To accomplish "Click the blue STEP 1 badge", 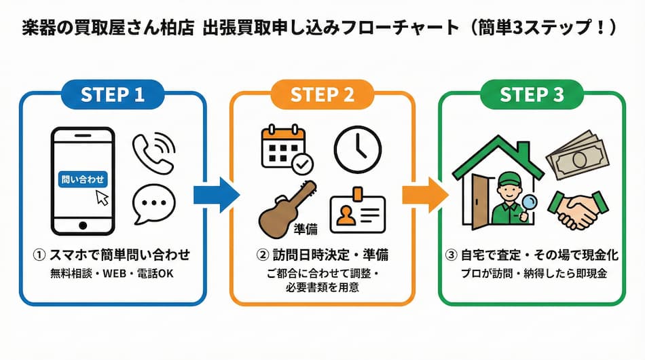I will tap(113, 95).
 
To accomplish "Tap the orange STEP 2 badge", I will tap(322, 95).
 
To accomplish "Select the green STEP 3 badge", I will tap(532, 95).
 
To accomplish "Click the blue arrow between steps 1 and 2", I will tap(216, 195).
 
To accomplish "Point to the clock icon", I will tap(357, 149).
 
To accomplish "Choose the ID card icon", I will tap(357, 213).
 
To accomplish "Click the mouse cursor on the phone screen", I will tap(101, 197).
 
